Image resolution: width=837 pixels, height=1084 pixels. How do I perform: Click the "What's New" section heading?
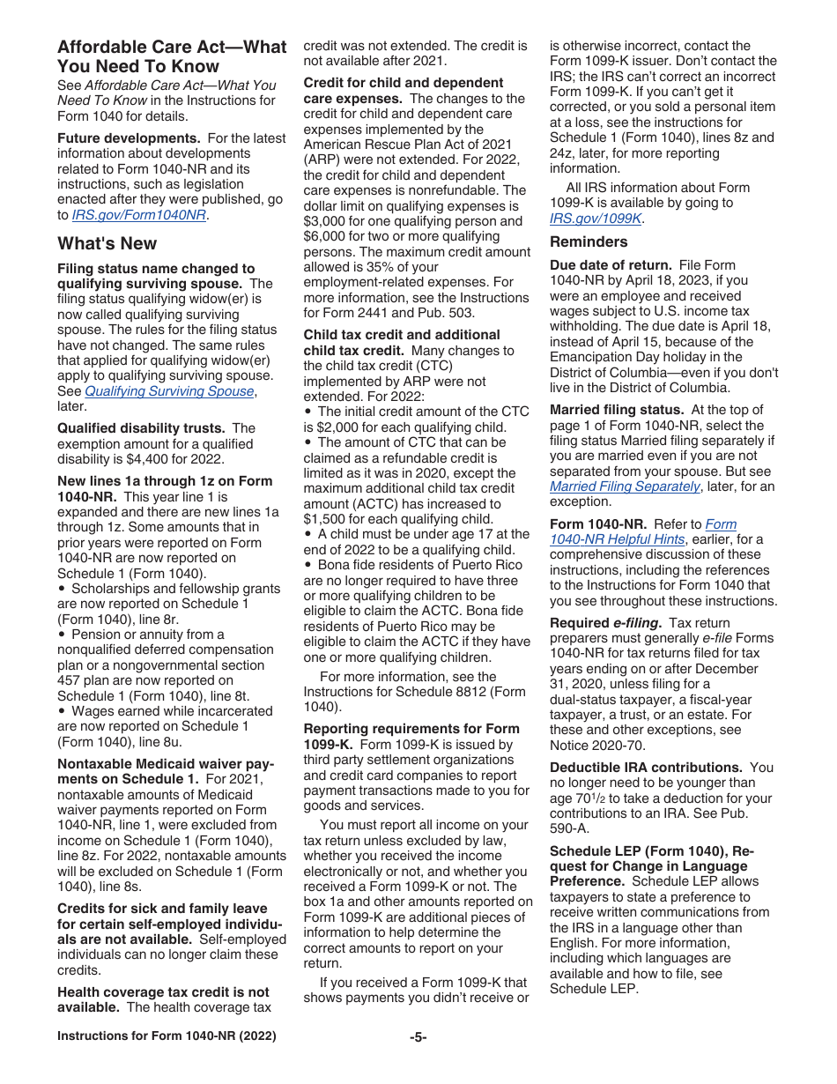[x=107, y=244]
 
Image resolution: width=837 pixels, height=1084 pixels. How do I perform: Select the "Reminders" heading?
[x=589, y=242]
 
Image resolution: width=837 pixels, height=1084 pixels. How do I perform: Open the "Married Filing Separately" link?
[x=625, y=486]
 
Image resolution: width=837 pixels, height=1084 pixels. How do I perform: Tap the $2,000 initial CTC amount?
[x=340, y=427]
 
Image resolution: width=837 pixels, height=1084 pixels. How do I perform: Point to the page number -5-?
[x=418, y=1037]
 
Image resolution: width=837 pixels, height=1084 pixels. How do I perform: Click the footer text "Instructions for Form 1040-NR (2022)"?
[x=167, y=1036]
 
